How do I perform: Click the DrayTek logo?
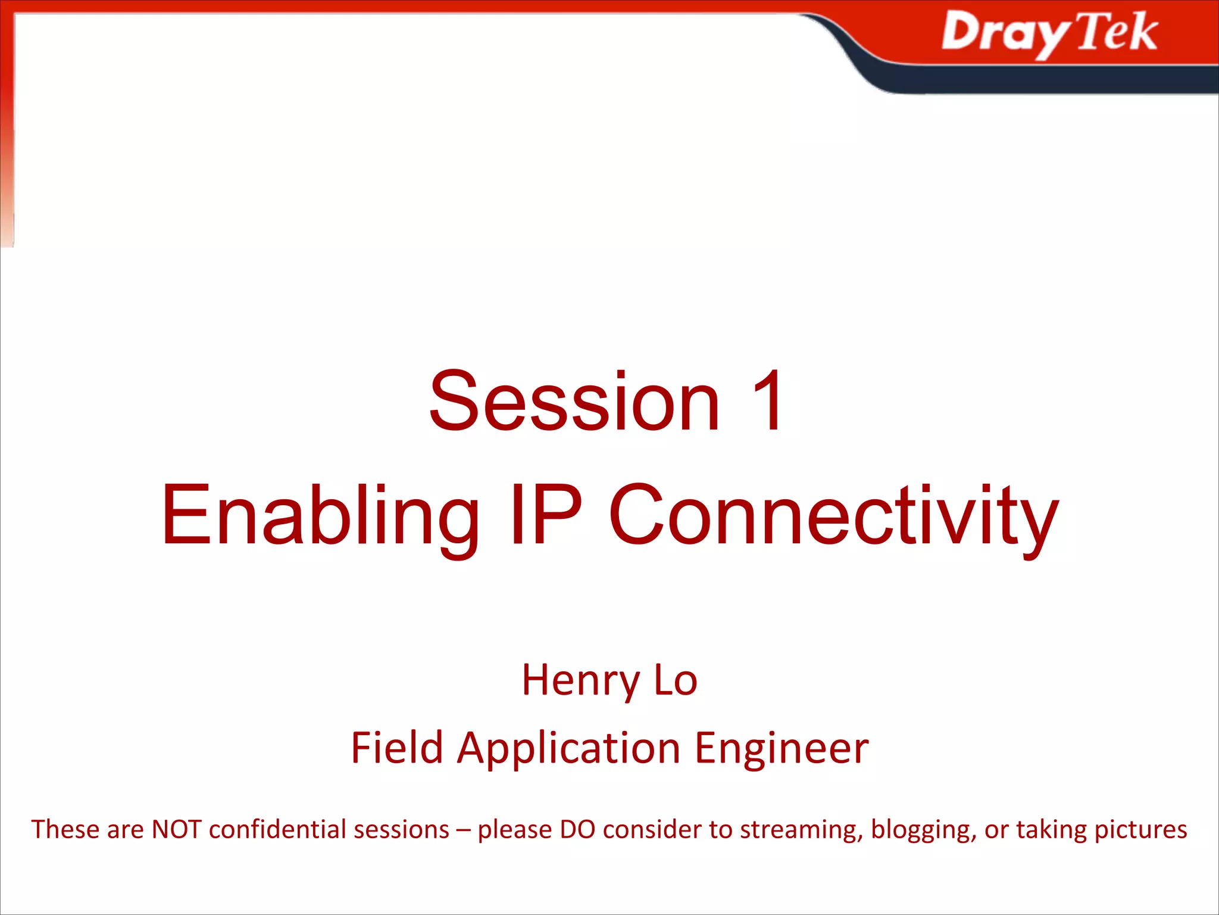[x=1049, y=33]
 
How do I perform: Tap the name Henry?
[x=580, y=680]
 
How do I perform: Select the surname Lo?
[x=676, y=680]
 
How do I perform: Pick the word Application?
[x=568, y=749]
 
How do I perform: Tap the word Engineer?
[x=782, y=749]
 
